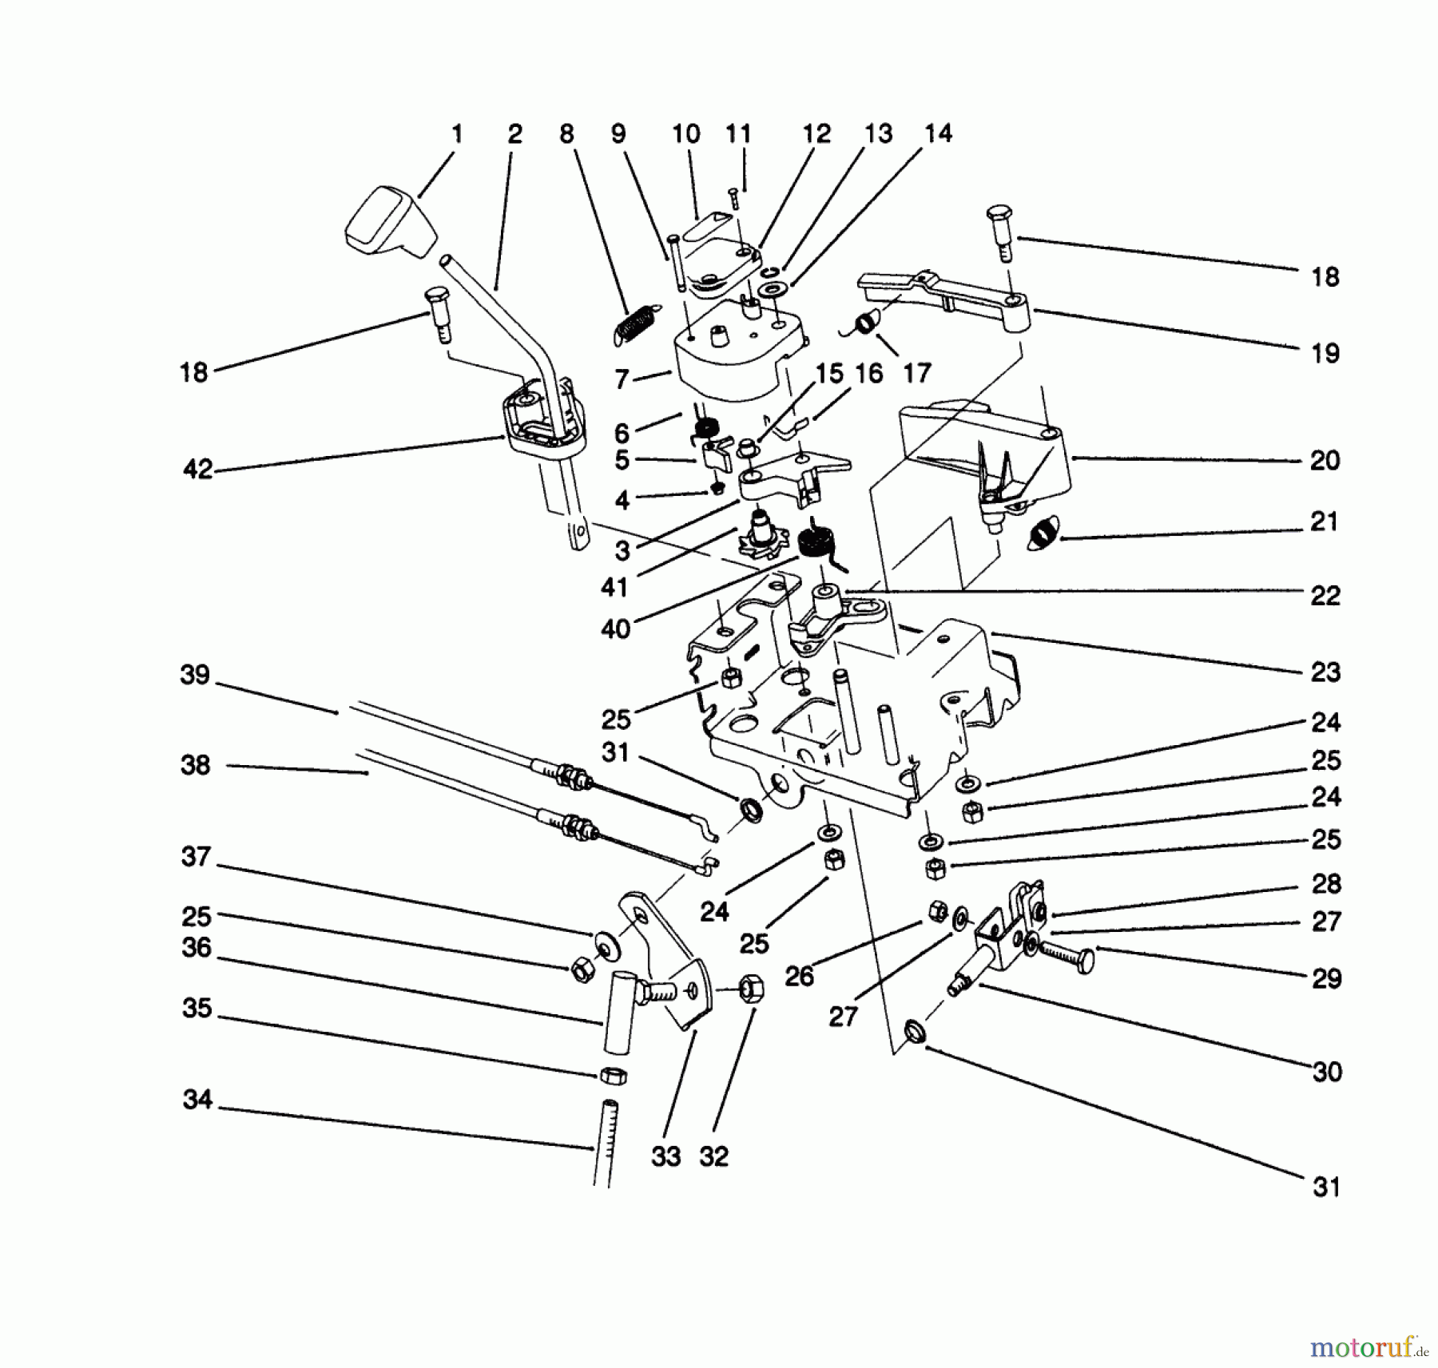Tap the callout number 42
197,470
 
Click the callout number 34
197,1100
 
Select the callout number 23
1325,672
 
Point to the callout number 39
195,676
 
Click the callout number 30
1326,1072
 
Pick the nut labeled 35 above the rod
613,1075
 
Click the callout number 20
1325,461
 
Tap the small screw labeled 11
733,197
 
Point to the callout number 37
196,857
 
